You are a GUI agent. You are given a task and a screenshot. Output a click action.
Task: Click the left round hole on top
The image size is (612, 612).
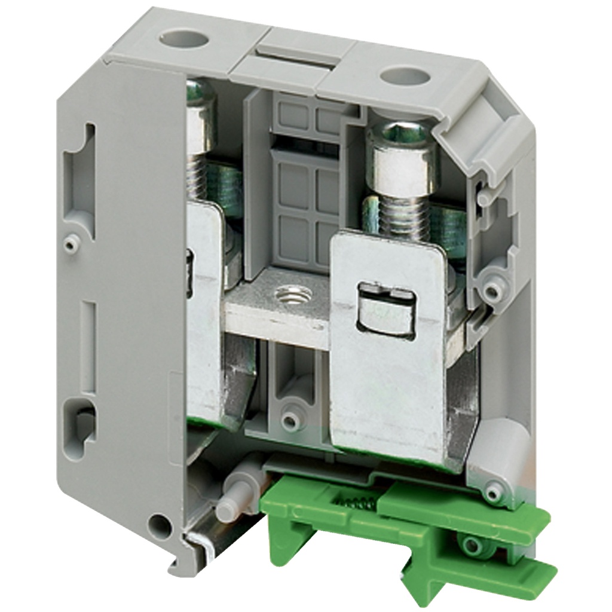click(x=183, y=40)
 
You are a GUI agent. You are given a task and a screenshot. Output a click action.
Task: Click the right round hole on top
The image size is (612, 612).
click(x=405, y=75)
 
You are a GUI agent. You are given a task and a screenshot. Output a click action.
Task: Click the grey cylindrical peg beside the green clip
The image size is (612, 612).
click(x=235, y=495)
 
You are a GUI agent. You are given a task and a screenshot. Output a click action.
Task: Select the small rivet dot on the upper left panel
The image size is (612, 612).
click(x=71, y=244)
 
